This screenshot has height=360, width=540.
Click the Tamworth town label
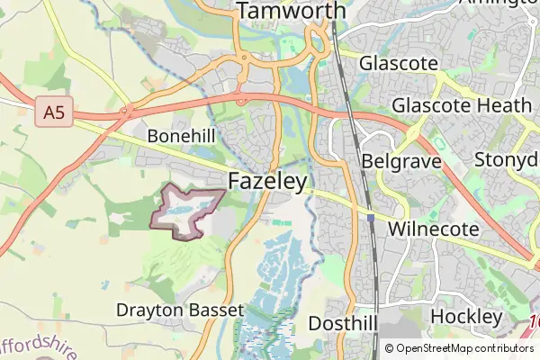click(292, 11)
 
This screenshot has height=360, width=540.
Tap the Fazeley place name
click(267, 181)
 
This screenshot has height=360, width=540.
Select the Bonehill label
click(183, 135)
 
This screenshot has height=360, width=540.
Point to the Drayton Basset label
click(180, 310)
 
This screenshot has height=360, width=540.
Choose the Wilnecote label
click(433, 229)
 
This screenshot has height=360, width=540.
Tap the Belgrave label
click(400, 161)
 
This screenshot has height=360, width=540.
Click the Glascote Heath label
click(462, 104)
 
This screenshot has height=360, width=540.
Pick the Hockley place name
click(465, 317)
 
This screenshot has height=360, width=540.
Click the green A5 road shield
click(55, 113)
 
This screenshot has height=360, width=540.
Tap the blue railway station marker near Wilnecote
click(371, 217)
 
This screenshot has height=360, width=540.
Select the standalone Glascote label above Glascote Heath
click(398, 64)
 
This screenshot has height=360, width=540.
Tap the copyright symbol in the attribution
click(390, 348)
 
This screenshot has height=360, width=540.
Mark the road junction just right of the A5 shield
click(128, 112)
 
